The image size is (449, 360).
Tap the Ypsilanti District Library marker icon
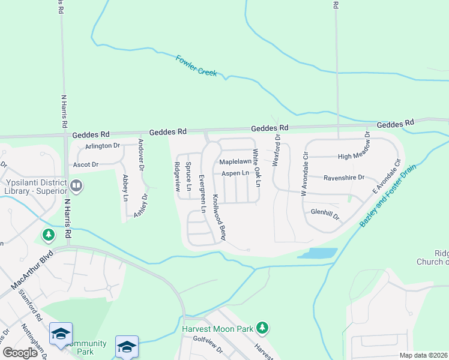[76, 185]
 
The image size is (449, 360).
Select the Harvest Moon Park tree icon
[262, 328]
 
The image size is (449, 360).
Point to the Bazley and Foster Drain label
[388, 196]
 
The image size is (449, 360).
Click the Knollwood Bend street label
[218, 217]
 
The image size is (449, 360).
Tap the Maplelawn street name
[235, 162]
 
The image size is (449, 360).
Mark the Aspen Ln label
[235, 173]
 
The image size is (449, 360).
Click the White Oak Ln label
[256, 167]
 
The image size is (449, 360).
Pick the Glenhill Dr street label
[325, 212]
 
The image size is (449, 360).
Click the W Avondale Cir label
[305, 177]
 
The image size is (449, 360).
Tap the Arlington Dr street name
[103, 146]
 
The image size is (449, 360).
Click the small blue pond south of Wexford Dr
[316, 254]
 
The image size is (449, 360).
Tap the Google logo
[19, 353]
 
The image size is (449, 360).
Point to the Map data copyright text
[423, 355]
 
